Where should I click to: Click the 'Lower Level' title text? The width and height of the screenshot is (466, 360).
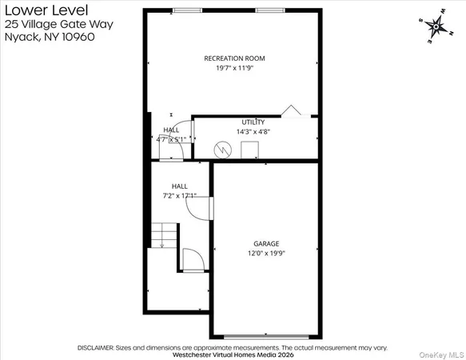(x=34, y=10)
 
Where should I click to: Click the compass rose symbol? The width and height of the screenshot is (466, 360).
(x=436, y=27)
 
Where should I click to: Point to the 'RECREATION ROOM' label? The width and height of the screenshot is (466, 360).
(x=234, y=58)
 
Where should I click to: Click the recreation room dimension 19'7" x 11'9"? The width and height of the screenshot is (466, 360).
(x=234, y=69)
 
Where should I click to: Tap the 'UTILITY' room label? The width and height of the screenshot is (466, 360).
(x=253, y=122)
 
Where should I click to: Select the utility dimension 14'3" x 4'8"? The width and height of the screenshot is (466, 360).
(x=253, y=131)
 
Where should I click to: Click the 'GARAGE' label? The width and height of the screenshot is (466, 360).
(x=267, y=243)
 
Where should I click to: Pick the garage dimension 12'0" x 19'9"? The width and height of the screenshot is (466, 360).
(x=267, y=253)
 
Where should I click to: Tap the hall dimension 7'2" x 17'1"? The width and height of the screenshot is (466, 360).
(x=179, y=194)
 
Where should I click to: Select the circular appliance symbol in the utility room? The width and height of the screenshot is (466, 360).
(x=224, y=150)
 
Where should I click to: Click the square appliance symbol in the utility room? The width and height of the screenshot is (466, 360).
(x=249, y=149)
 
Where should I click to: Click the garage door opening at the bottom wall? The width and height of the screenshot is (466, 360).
(x=266, y=336)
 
